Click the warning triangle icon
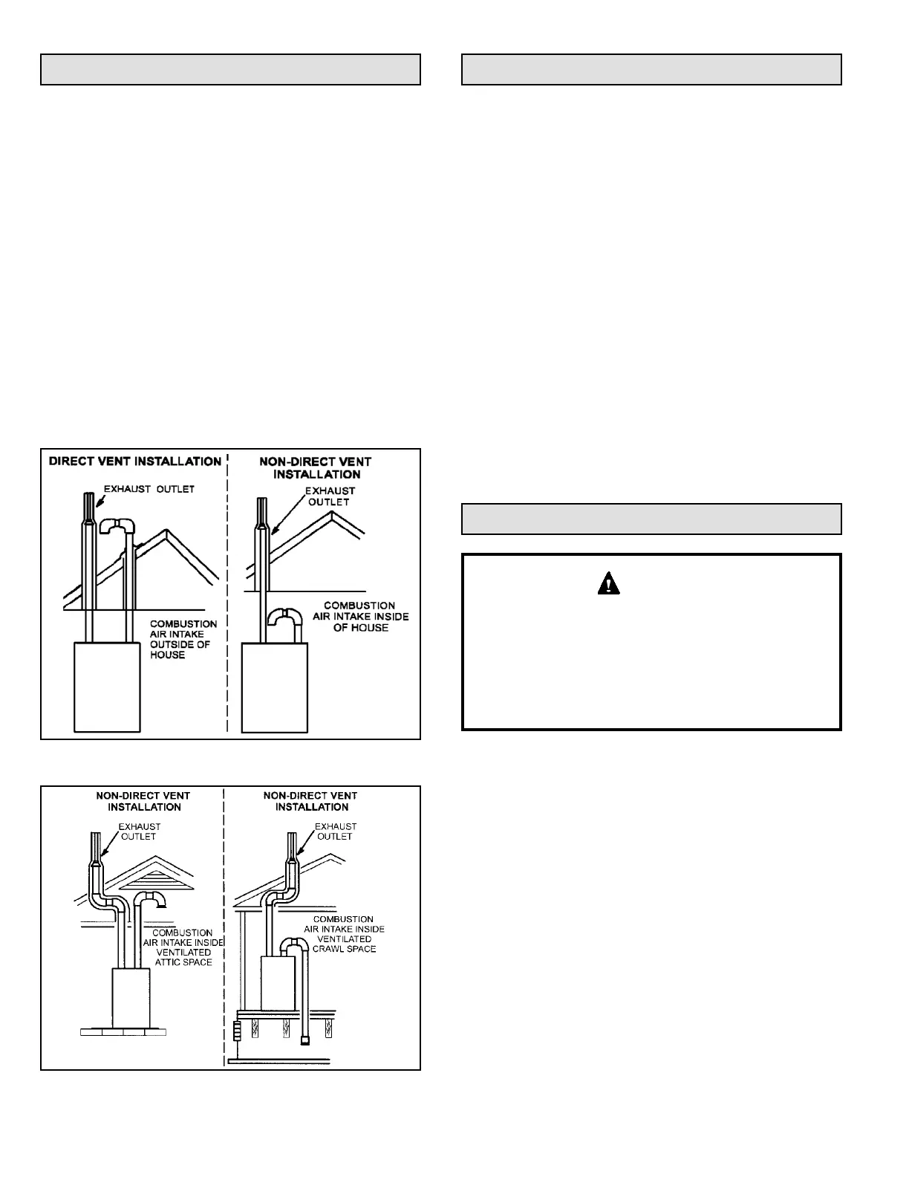(608, 584)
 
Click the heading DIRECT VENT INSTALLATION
(135, 461)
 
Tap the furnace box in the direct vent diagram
(107, 687)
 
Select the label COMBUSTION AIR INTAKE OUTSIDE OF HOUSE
(183, 639)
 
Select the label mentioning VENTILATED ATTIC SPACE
(183, 947)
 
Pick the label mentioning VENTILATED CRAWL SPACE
(344, 934)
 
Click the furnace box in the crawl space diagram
(278, 983)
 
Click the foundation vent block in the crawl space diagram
(237, 1031)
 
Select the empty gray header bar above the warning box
(651, 519)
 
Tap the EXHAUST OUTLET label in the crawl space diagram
(336, 831)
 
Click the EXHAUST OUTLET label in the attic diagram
(140, 831)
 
